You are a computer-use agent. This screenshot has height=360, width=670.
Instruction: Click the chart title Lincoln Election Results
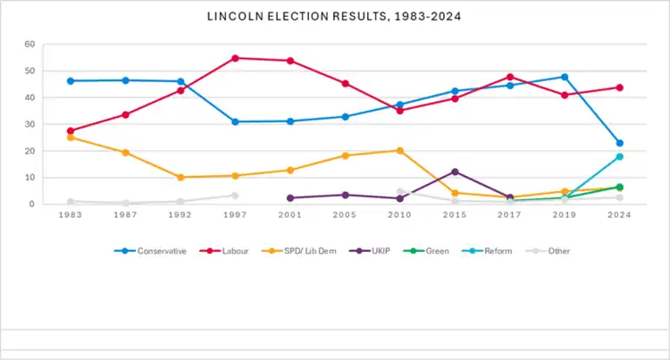point(335,17)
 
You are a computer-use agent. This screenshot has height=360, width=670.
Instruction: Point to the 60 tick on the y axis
point(30,44)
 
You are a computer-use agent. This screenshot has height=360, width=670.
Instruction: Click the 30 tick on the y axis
point(30,124)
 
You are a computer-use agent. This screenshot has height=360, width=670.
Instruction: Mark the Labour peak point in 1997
point(235,58)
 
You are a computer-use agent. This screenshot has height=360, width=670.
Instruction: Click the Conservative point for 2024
point(619,143)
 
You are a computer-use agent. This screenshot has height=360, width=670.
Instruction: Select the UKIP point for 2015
point(455,172)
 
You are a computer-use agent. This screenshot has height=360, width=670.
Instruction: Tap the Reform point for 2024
point(619,156)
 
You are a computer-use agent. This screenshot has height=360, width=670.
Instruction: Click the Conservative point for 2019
point(565,77)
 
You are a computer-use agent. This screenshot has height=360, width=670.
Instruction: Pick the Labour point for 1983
point(71,130)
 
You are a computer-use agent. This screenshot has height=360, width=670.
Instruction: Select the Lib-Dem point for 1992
point(180,177)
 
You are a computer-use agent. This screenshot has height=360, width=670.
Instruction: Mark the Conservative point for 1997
point(235,121)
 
